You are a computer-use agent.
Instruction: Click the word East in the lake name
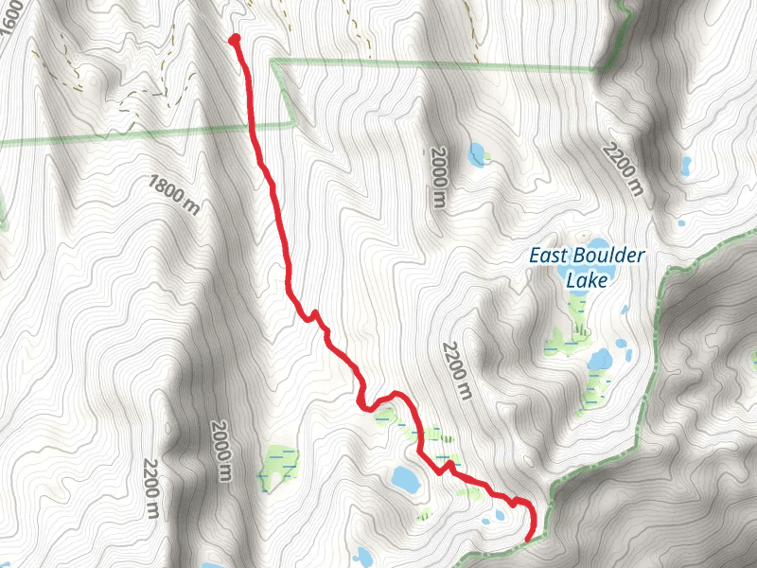coord(548,256)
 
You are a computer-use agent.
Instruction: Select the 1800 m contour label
coord(173,195)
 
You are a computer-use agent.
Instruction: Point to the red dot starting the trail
coord(234,39)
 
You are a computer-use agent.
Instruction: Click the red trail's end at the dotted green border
coord(527,540)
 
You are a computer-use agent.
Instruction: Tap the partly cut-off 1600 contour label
coord(11,19)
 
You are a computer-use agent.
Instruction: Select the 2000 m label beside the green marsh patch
coord(222,452)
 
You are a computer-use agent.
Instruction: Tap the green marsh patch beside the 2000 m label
coord(277,466)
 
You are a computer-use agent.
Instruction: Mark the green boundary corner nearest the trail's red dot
coord(273,62)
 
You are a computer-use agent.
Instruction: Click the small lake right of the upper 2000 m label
coord(477,153)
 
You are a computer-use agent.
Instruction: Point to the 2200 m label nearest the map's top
coord(624,169)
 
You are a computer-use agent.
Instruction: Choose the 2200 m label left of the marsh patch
coord(151,488)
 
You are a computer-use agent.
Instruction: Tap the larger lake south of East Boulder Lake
coord(600,360)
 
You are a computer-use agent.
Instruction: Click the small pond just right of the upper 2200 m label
coord(685,166)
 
